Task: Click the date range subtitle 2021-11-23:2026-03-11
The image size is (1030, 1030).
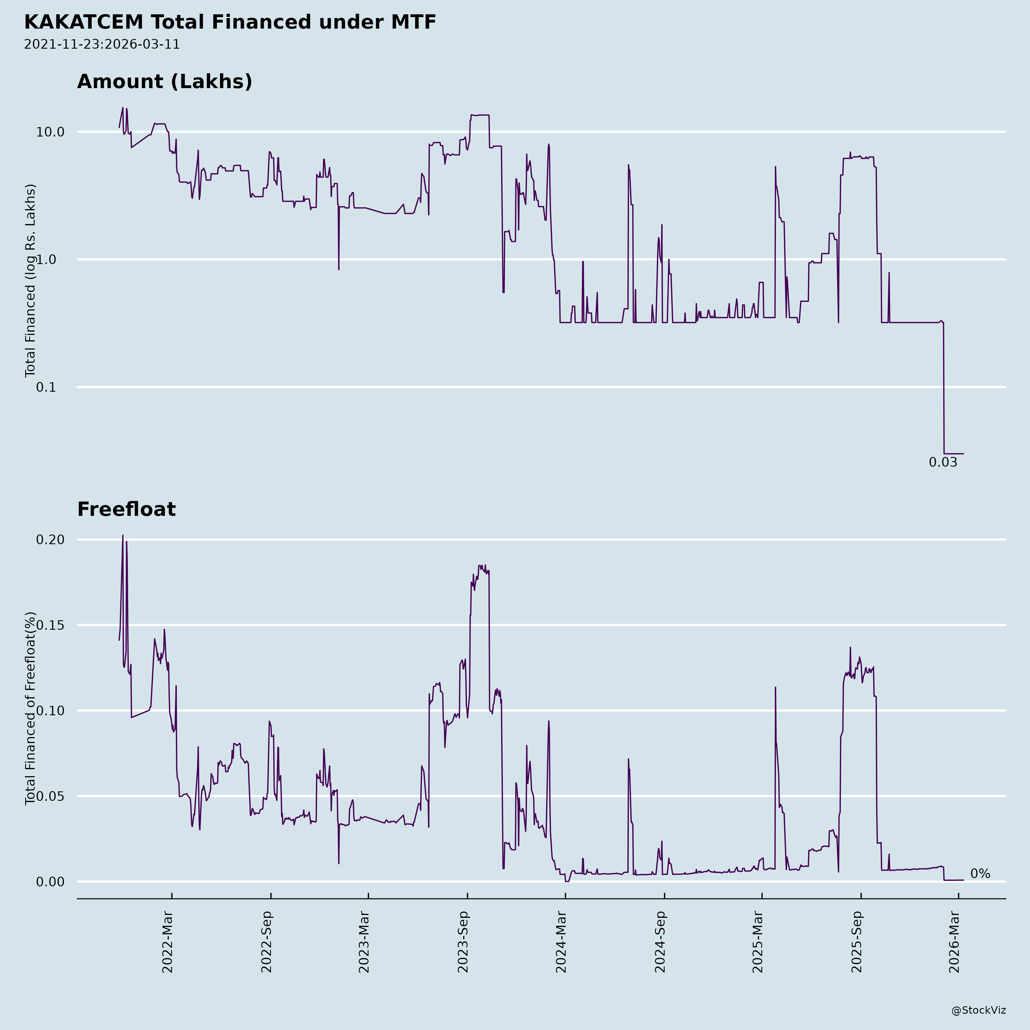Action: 102,44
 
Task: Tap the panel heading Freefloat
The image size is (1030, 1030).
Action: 126,509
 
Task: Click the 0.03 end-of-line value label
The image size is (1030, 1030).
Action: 943,463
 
